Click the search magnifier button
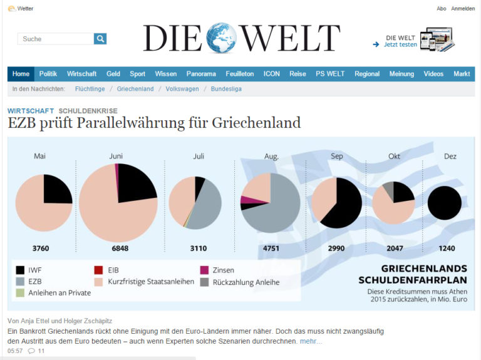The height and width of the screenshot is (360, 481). [100, 39]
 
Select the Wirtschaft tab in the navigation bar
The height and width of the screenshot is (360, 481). [81, 74]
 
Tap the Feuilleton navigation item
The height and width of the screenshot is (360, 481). [239, 74]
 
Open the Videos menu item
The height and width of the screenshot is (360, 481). [433, 74]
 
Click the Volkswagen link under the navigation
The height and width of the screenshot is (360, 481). [182, 89]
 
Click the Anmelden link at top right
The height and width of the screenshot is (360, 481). [463, 9]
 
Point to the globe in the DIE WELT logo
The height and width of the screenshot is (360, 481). [222, 38]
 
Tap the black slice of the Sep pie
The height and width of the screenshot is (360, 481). [344, 207]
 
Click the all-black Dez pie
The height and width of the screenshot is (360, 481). [445, 203]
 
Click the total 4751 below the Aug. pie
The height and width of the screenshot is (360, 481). [271, 249]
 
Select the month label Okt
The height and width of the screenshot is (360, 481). [394, 156]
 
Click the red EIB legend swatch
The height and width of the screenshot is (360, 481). [98, 270]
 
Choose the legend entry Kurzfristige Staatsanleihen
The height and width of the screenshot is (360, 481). [151, 282]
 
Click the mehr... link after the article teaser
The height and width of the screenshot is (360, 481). [311, 341]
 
